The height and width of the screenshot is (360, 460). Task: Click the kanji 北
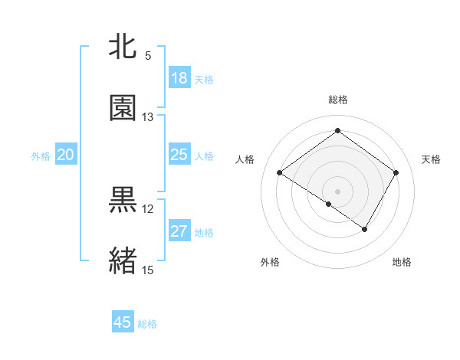tap(123, 47)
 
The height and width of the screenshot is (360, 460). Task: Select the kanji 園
tap(123, 108)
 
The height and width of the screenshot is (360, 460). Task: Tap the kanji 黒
tap(123, 200)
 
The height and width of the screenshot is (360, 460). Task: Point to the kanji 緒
tap(123, 261)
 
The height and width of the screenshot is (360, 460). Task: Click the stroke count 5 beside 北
tap(148, 55)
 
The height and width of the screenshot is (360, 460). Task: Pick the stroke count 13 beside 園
tap(148, 116)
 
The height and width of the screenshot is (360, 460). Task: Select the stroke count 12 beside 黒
tap(148, 208)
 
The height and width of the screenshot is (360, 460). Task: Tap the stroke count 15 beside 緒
tap(148, 270)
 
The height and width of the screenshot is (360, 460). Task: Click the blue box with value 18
tap(179, 78)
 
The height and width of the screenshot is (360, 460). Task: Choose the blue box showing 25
tap(179, 155)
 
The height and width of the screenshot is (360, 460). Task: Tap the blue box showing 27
tap(179, 231)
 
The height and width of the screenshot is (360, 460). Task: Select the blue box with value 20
tap(66, 155)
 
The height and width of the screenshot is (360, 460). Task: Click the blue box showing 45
tap(123, 322)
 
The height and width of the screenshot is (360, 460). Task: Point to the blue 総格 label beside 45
tap(147, 324)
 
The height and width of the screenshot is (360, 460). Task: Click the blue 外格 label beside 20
tap(41, 156)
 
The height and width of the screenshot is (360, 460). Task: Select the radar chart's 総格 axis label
tap(337, 100)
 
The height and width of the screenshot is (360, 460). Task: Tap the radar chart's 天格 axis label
tap(432, 159)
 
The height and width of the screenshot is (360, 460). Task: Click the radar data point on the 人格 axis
tap(280, 173)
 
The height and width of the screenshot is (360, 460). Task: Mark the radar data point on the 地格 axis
tap(365, 229)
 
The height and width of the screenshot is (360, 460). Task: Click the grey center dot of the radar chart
tap(337, 191)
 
